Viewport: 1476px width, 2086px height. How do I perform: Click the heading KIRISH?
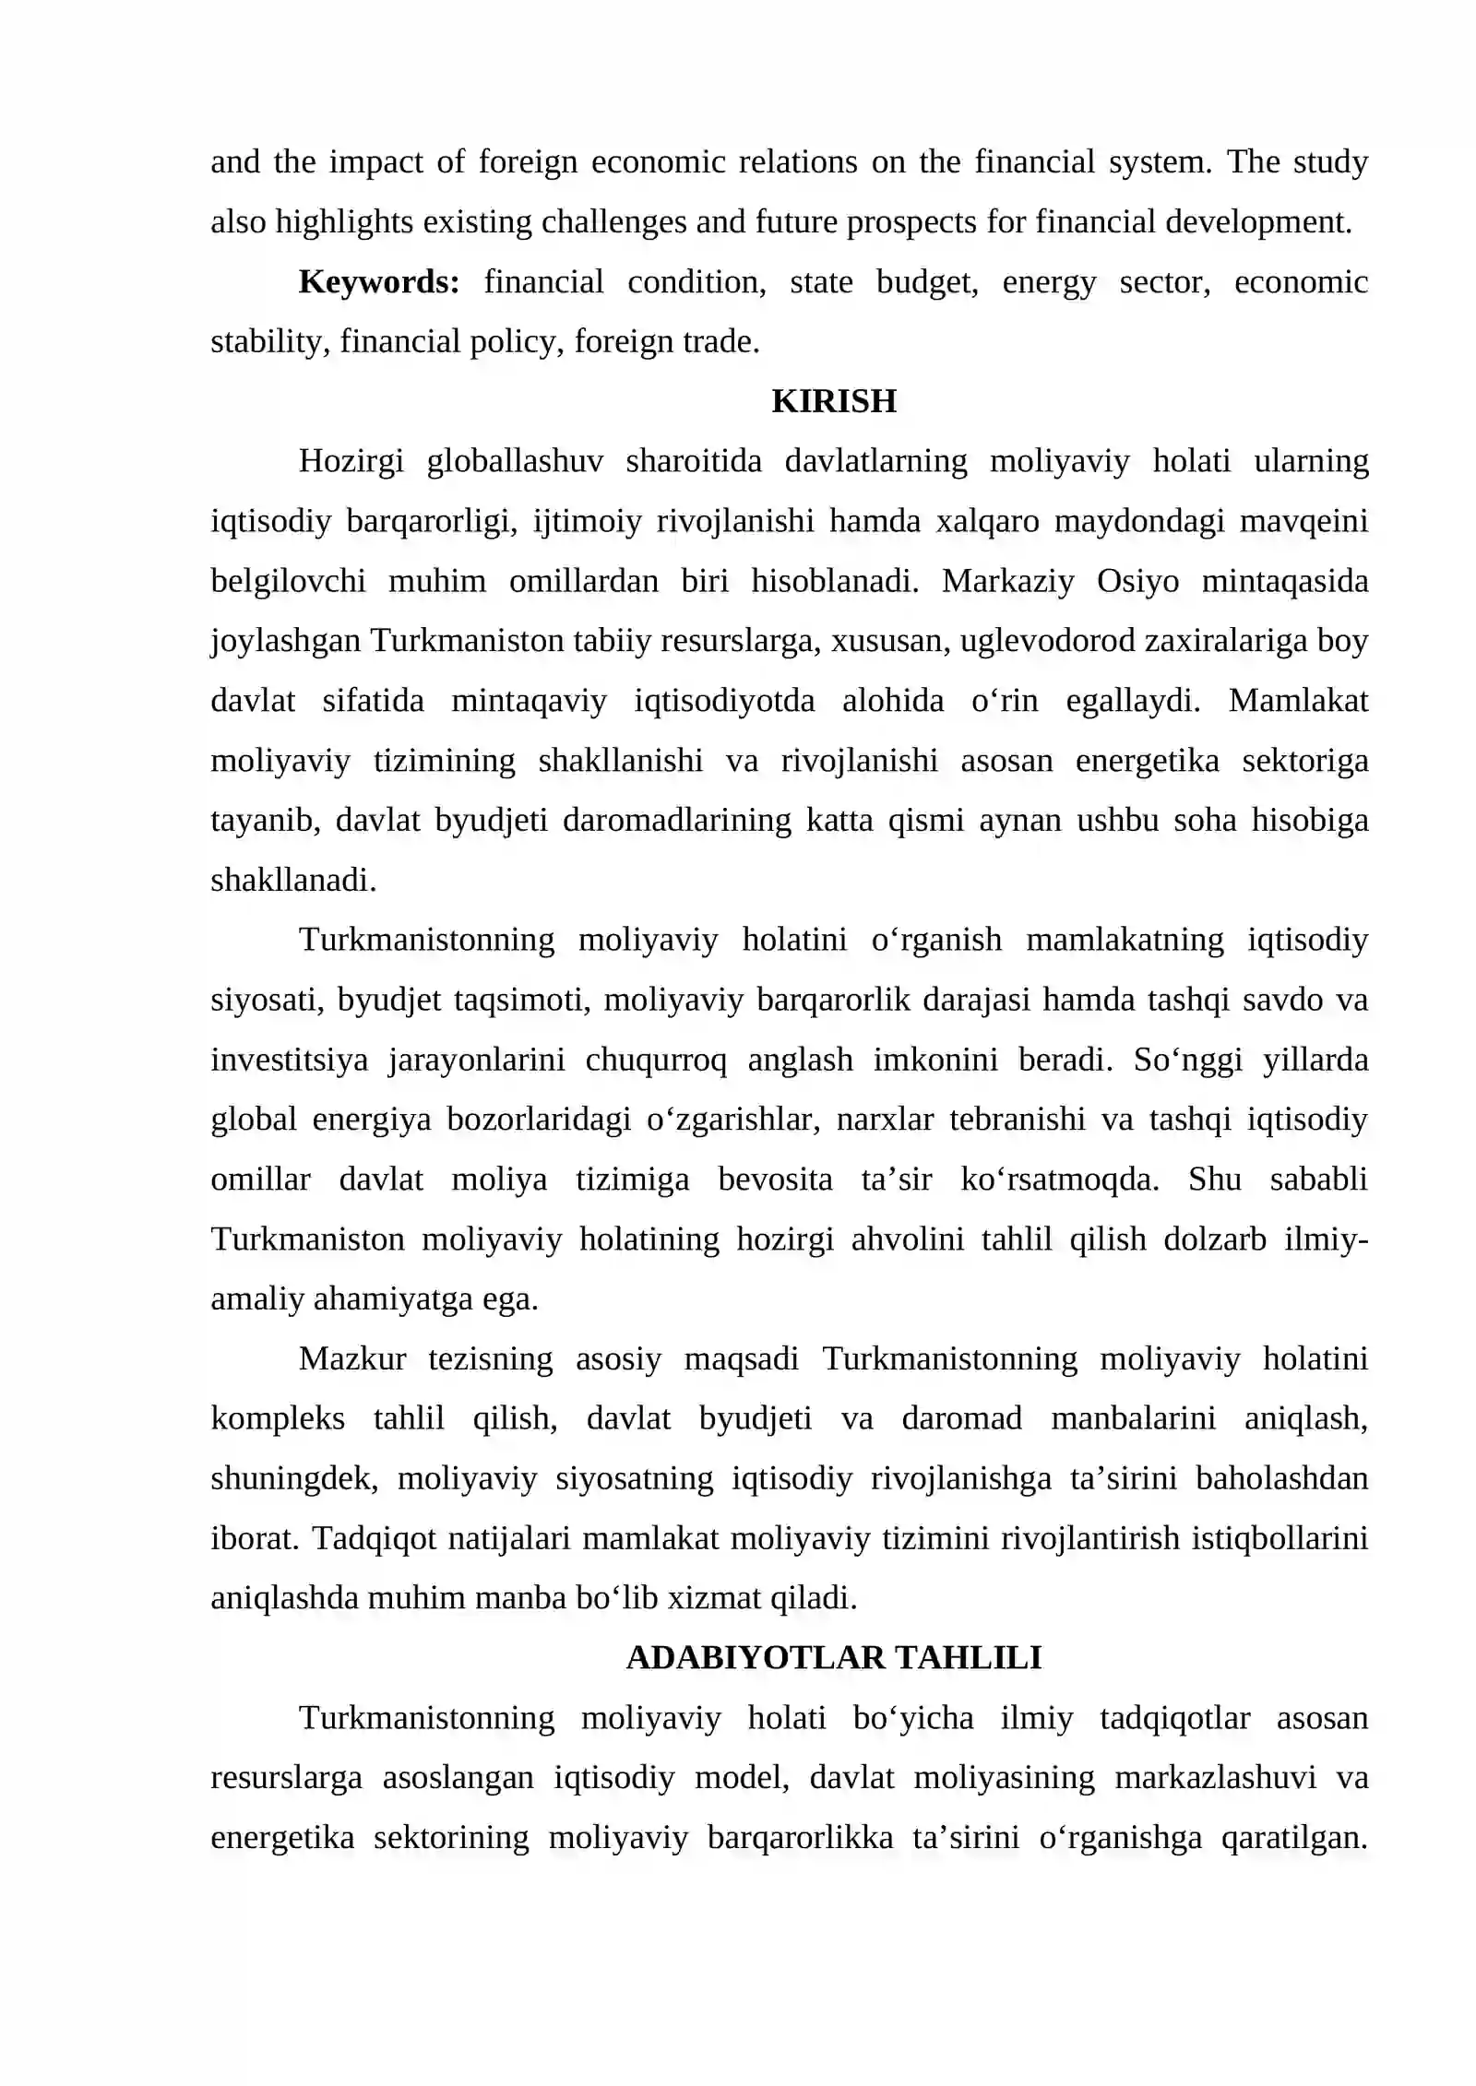click(833, 401)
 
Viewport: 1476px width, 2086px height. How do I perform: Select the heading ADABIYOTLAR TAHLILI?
click(833, 1657)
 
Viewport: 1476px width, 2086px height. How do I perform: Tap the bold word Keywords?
click(379, 281)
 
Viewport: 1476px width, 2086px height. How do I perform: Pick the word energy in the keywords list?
click(1049, 281)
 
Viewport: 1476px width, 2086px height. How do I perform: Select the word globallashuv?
click(515, 460)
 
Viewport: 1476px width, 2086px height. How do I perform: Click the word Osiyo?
click(1137, 581)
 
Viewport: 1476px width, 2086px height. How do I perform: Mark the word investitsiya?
click(289, 1060)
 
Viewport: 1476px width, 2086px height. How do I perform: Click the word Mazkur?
click(352, 1358)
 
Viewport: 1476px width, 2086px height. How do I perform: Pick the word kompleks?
click(278, 1417)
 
